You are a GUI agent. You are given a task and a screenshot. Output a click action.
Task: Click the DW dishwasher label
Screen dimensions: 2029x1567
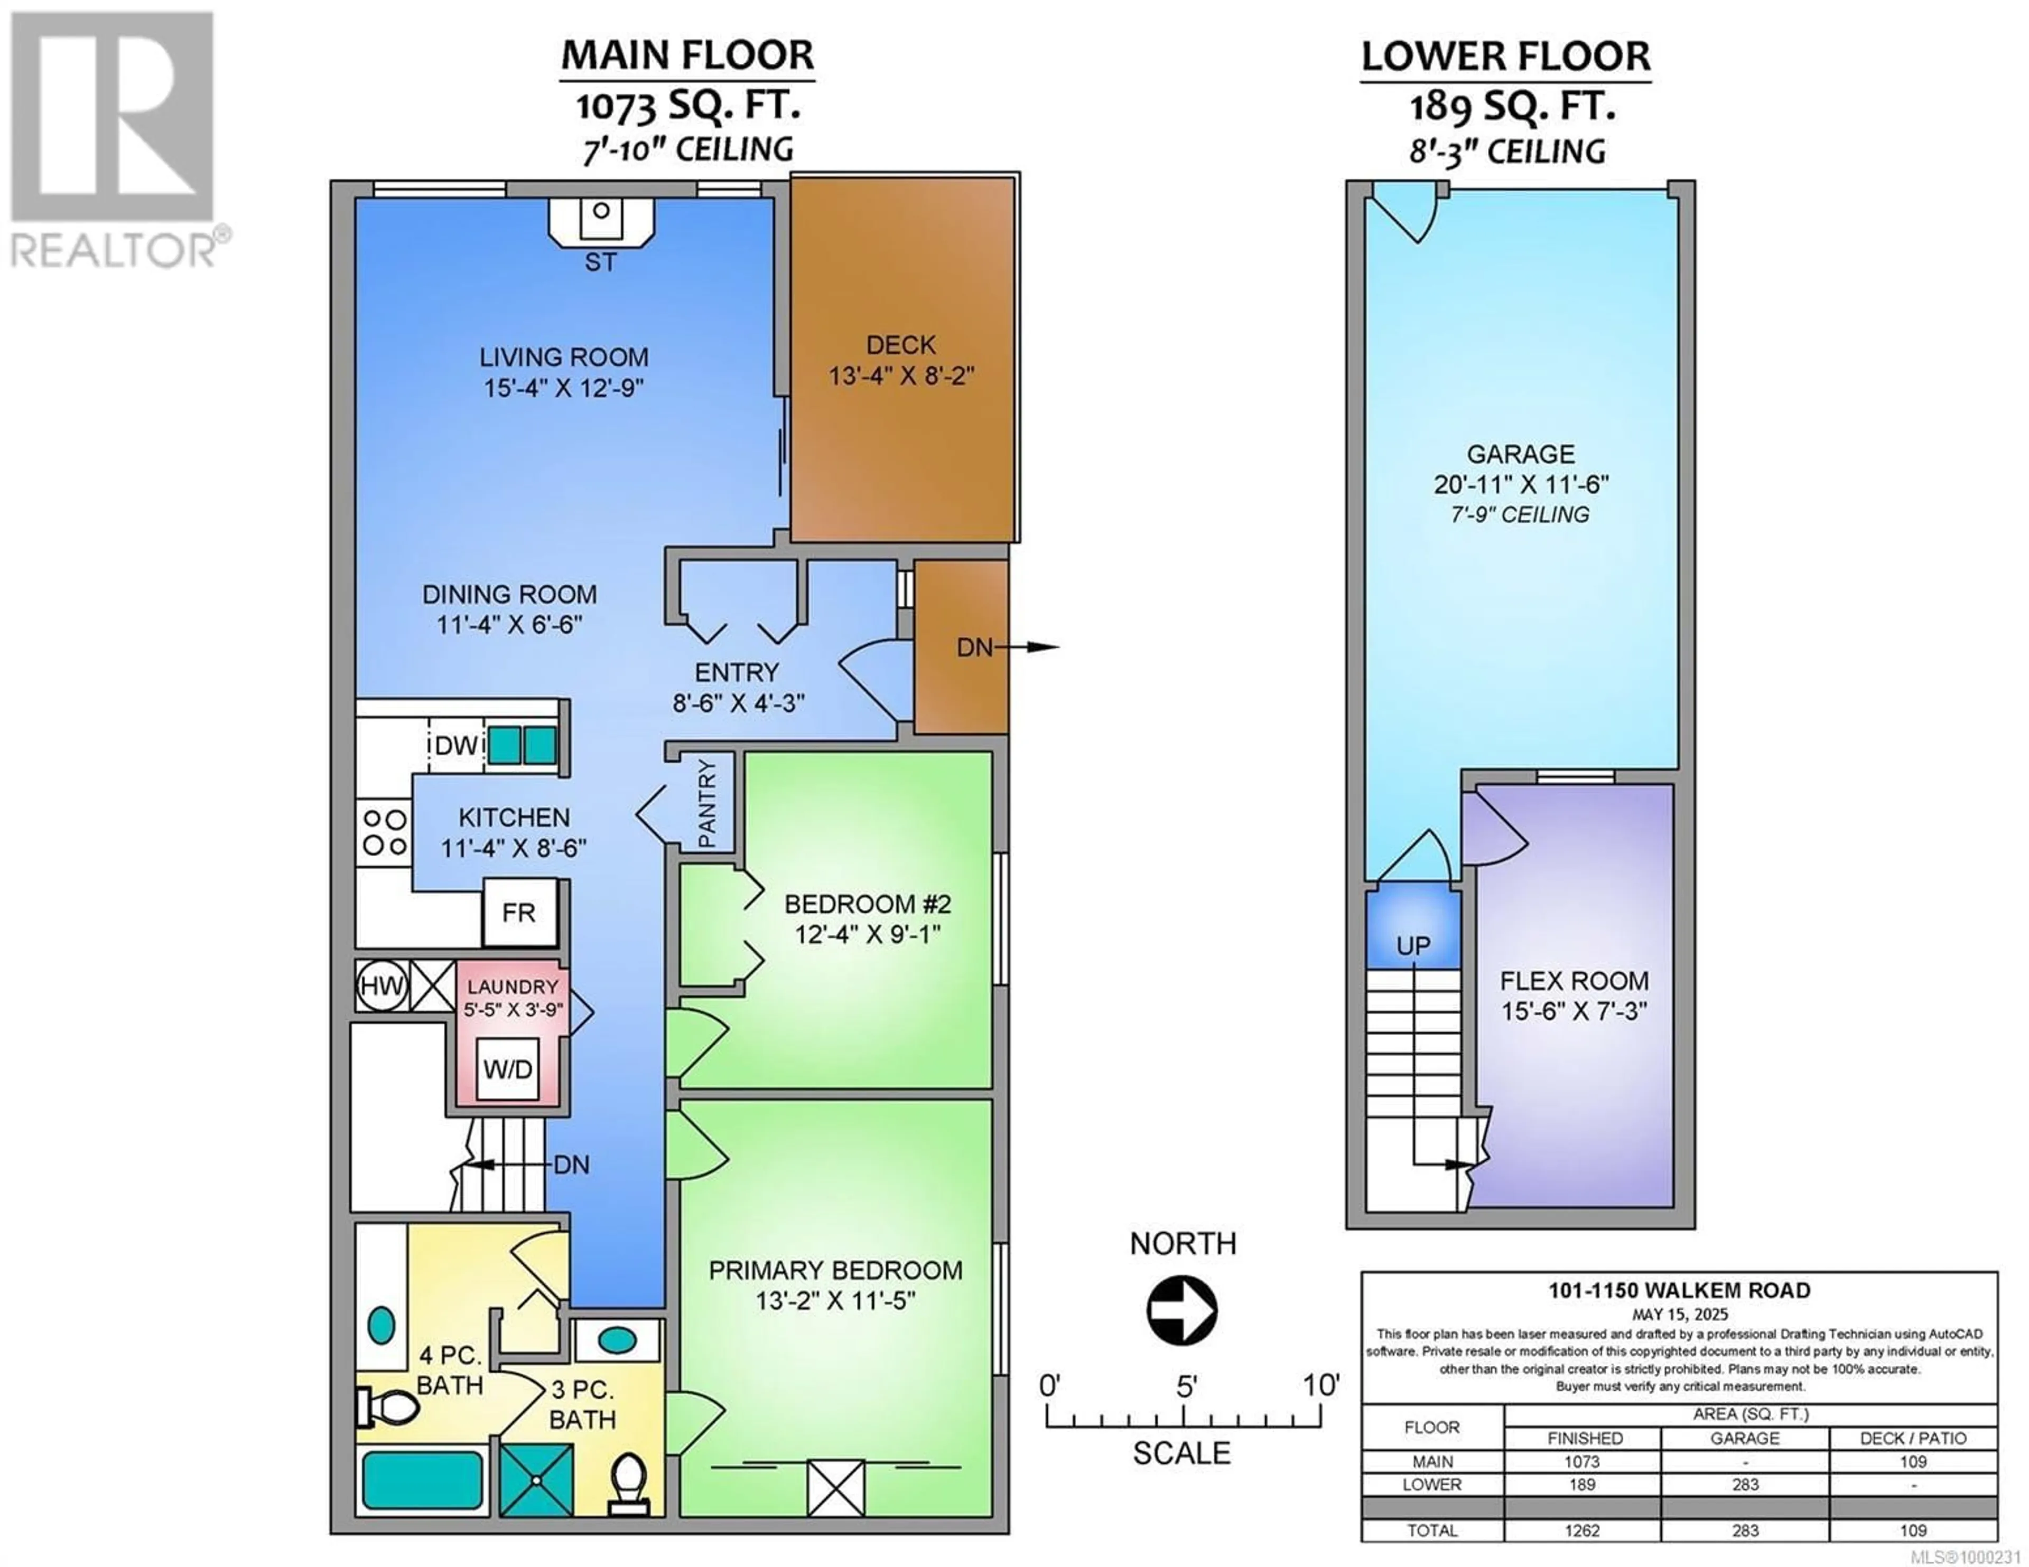pos(456,745)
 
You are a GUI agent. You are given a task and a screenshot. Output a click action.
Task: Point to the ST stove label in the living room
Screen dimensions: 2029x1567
pos(600,263)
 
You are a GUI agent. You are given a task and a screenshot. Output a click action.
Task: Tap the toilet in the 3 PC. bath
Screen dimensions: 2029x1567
pos(630,1481)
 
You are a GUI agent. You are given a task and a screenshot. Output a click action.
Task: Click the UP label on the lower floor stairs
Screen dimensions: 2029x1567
pos(1413,945)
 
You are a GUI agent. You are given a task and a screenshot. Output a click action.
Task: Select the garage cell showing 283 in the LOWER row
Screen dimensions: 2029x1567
pos(1745,1484)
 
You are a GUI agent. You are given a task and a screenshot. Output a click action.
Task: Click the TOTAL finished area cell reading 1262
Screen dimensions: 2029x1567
pos(1581,1531)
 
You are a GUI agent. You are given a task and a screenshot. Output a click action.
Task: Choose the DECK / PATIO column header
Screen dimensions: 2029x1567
pos(1913,1438)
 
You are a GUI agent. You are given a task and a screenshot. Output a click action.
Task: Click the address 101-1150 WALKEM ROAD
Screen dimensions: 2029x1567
pos(1679,1290)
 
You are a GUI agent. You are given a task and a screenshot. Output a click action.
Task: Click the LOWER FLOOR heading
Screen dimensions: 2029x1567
pos(1506,57)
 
